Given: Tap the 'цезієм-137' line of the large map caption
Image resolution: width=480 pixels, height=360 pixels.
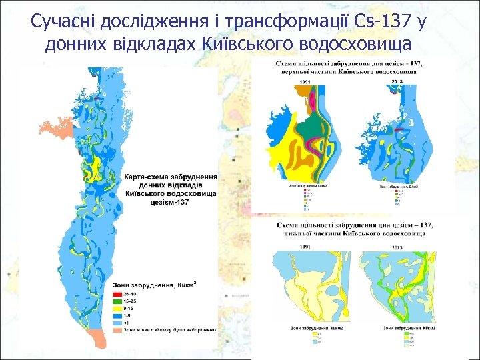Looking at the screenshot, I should coord(171,202).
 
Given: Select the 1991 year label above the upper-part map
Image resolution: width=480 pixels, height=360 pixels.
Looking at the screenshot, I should coord(305,82).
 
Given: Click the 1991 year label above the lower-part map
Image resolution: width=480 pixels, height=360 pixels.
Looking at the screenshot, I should coord(305,247).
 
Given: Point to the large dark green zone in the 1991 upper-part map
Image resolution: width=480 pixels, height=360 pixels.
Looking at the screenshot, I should coord(308,126).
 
